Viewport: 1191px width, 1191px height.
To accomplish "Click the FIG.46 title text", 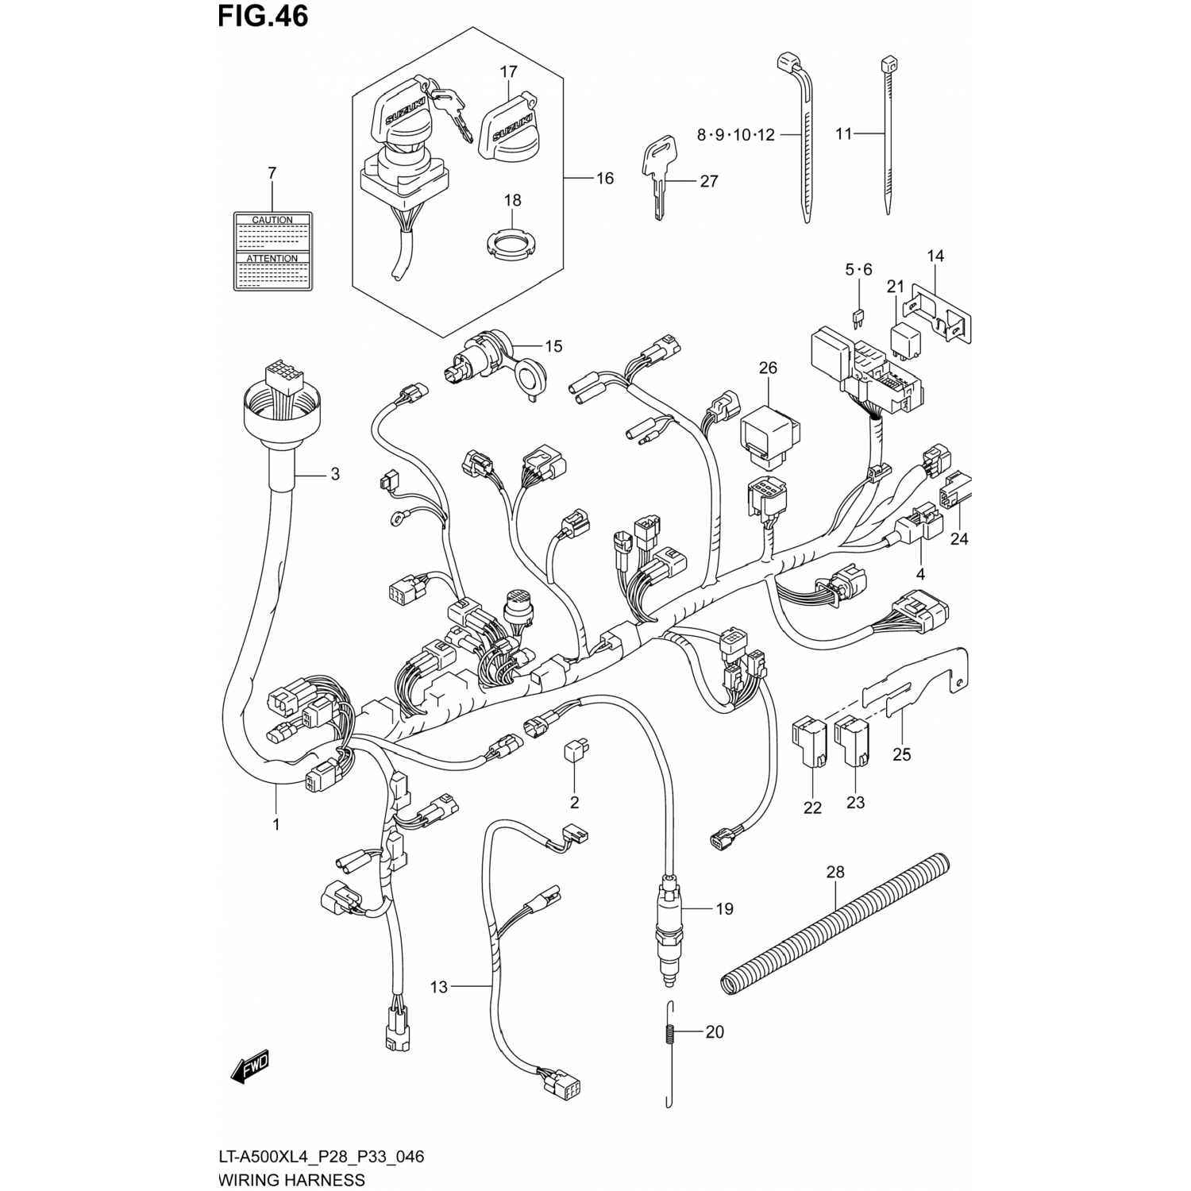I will pos(263,16).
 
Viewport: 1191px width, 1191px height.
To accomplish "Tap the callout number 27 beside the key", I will pos(709,181).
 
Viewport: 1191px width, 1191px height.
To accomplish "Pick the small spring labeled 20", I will pos(669,1033).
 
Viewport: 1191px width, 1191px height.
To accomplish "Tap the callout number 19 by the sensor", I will pos(724,909).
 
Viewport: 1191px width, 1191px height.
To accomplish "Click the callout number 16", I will pos(605,179).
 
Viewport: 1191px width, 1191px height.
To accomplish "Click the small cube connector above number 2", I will pos(575,750).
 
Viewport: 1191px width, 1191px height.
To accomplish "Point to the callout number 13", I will pos(439,987).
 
